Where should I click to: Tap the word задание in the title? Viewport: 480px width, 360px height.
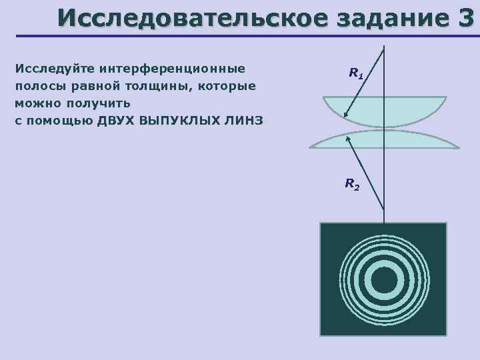tap(389, 17)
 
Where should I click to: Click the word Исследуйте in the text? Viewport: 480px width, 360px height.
tap(54, 69)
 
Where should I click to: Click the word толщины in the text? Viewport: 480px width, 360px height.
tap(156, 86)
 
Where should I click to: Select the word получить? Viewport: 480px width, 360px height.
tap(98, 103)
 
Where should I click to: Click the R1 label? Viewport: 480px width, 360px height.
tap(356, 73)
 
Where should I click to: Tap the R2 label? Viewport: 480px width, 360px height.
tap(351, 183)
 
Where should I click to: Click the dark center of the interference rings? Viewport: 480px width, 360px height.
tap(383, 281)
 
